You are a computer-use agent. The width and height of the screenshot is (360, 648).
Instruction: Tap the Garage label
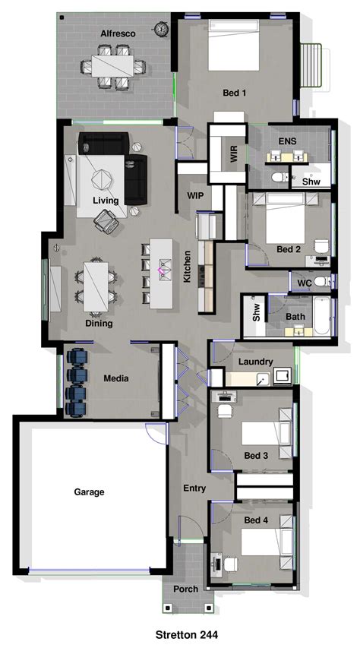click(89, 492)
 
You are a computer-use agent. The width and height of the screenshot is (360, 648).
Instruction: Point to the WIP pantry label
click(195, 195)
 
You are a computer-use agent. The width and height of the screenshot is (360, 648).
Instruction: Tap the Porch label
click(185, 589)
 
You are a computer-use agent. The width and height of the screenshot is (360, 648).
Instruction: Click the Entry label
click(194, 488)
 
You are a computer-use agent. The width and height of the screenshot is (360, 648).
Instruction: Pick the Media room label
click(115, 378)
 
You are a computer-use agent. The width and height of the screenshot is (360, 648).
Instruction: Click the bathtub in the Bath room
click(321, 317)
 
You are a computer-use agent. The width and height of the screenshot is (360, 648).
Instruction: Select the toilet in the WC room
click(322, 282)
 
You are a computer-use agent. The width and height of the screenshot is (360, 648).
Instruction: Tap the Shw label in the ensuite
click(311, 182)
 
